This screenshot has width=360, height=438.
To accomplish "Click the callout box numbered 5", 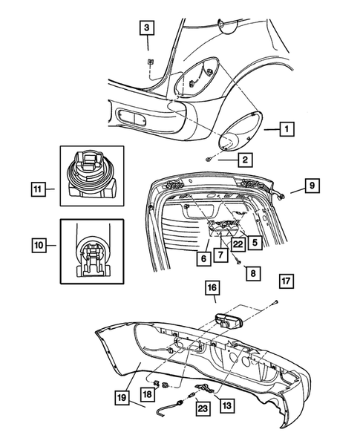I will (x=255, y=241).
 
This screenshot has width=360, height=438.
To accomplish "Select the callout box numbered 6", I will (x=202, y=260).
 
